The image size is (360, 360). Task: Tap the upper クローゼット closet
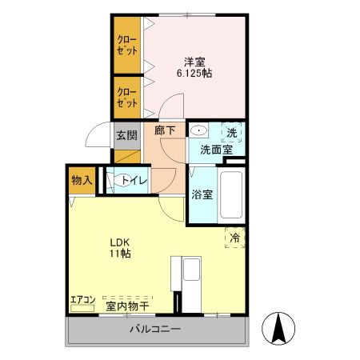[126, 45]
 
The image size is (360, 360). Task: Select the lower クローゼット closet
[126, 97]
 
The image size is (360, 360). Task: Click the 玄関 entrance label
[126, 135]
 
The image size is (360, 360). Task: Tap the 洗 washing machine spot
[231, 131]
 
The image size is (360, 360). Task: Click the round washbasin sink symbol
[199, 130]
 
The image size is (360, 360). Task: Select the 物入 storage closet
[82, 181]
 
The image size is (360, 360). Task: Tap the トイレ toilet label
[134, 181]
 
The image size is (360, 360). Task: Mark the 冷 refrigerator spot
[235, 238]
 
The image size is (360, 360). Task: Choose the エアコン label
[82, 301]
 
